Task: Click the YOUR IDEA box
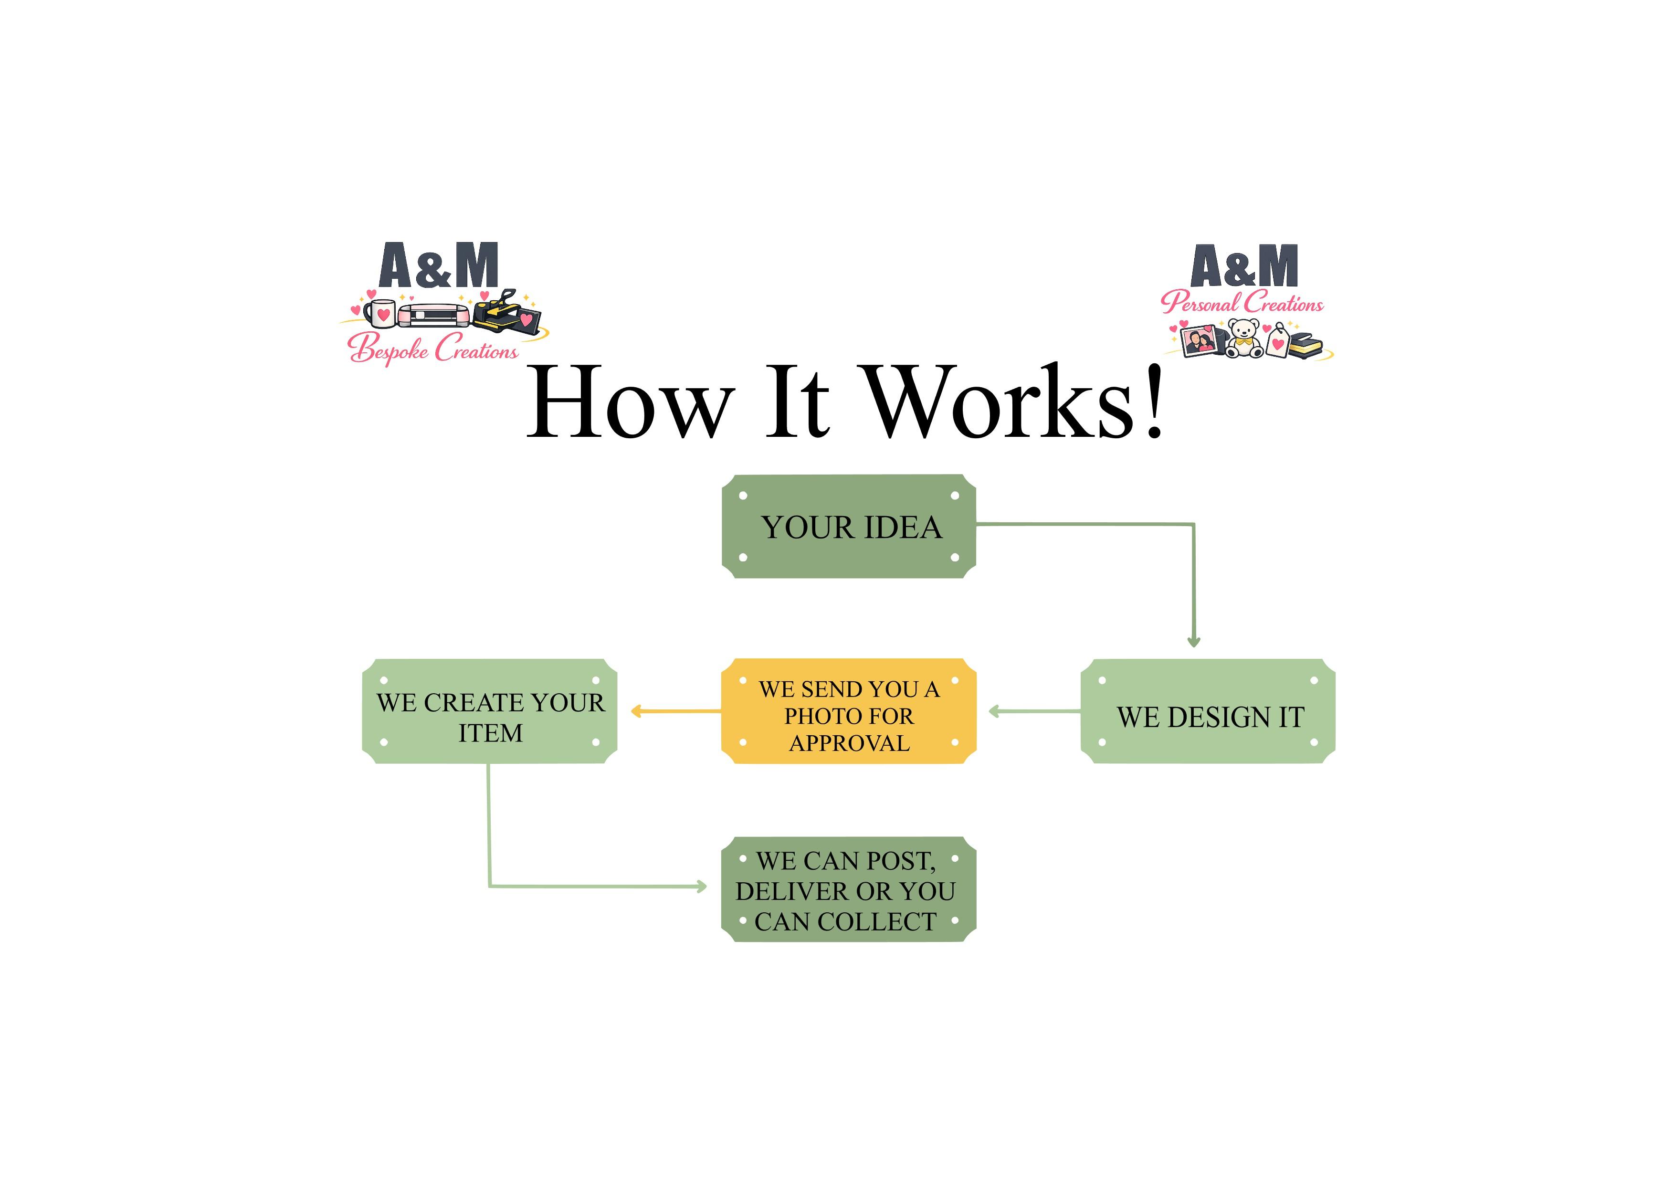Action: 849,527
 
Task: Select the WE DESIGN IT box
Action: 1207,711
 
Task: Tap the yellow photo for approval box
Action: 849,711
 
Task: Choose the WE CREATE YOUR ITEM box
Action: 489,711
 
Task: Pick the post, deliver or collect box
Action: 849,889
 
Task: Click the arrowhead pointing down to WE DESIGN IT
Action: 1193,642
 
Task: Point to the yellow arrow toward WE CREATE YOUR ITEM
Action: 676,711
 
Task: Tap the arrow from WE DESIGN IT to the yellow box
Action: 1034,711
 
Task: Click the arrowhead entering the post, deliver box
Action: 701,887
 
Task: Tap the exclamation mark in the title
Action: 1153,402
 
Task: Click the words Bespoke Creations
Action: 433,349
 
